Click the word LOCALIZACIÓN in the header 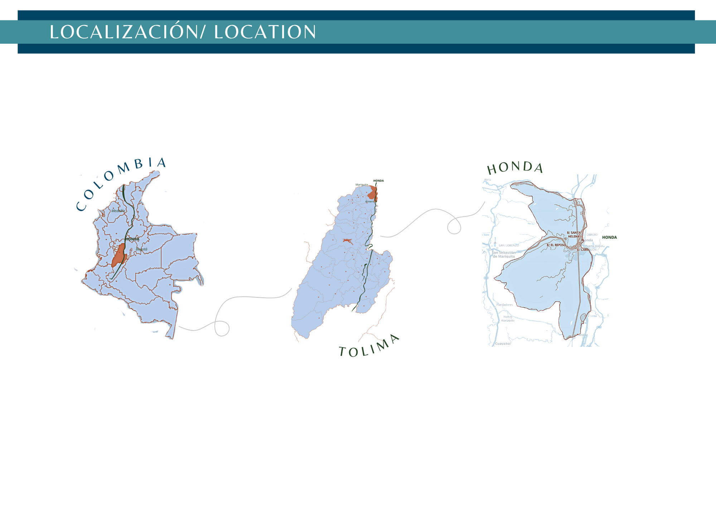tap(124, 32)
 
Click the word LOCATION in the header tap(265, 32)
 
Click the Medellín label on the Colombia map tap(118, 211)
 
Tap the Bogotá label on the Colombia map tap(141, 249)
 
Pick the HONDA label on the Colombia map tap(132, 239)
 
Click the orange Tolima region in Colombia tap(118, 255)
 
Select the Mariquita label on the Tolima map tap(362, 185)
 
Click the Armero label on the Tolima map tap(369, 202)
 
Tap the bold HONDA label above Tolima tap(378, 181)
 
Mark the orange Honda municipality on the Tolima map tap(372, 193)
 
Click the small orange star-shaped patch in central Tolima tap(347, 241)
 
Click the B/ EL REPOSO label tap(556, 245)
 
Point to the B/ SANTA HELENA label tap(574, 234)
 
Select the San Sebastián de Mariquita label tap(504, 255)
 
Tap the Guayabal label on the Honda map tap(503, 343)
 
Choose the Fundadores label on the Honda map tap(504, 305)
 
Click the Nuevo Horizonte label tap(508, 319)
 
